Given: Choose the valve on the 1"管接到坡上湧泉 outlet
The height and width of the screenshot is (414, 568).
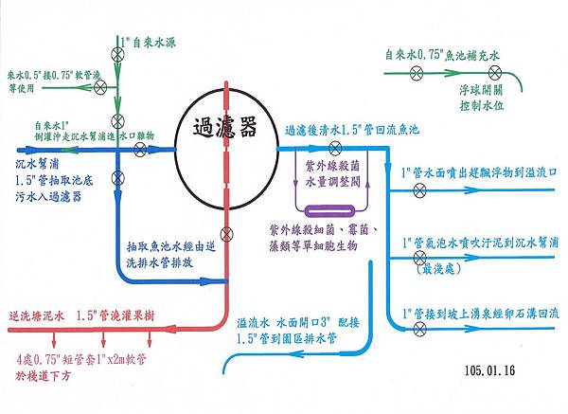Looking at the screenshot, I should [x=419, y=328].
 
